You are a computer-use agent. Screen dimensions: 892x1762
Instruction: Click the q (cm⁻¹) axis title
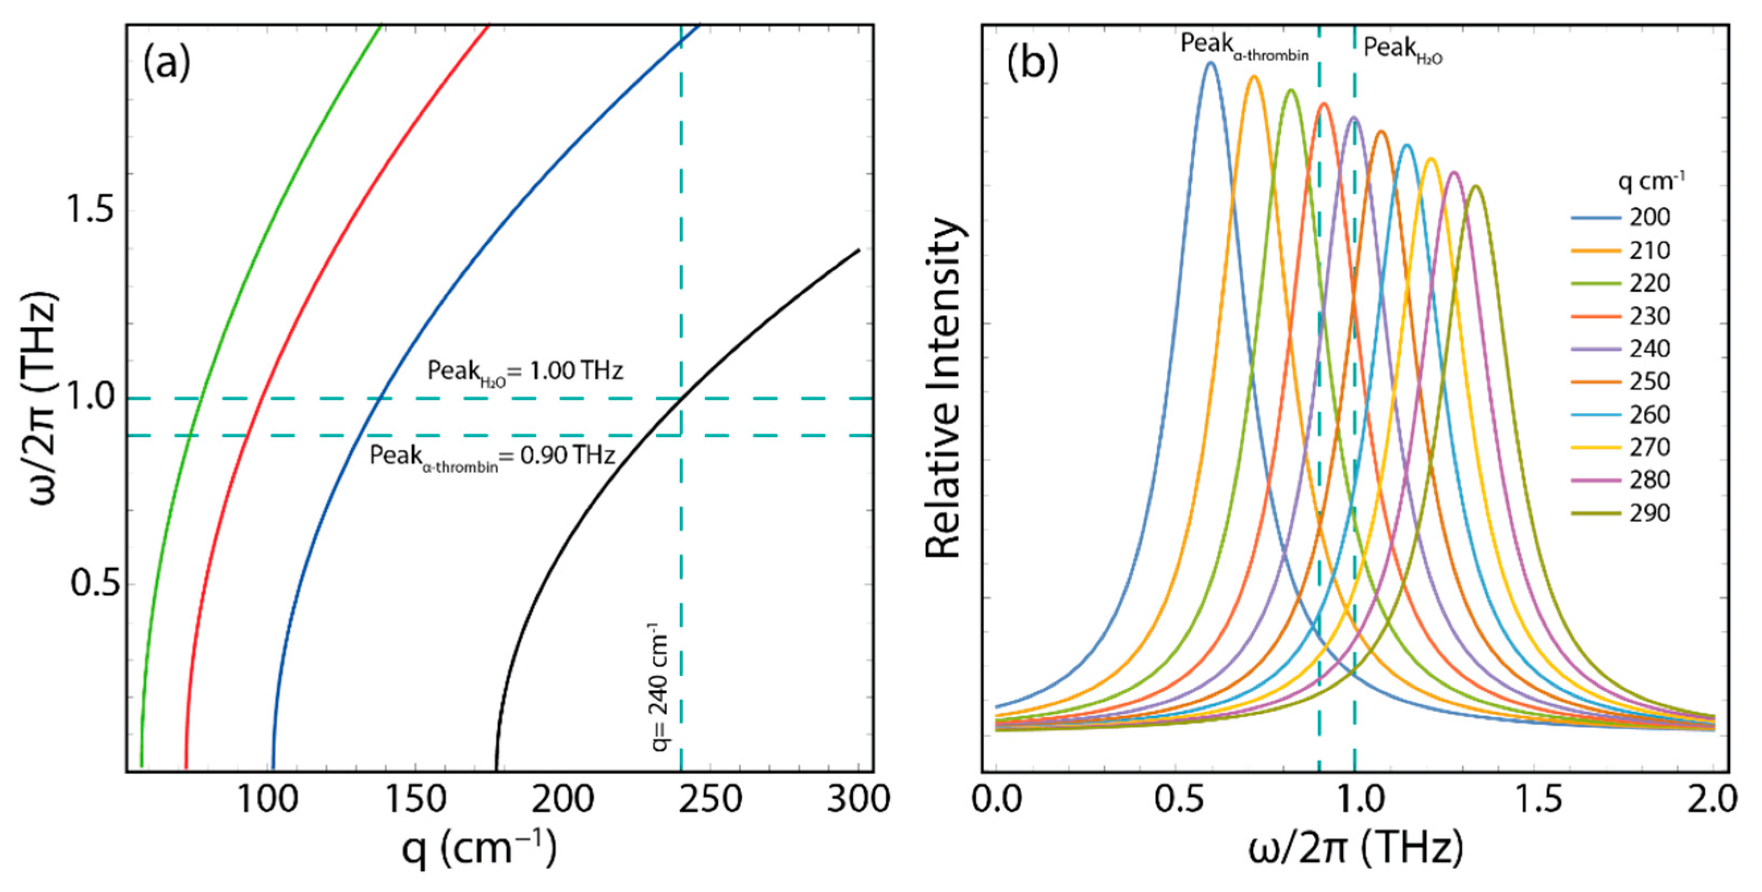click(479, 848)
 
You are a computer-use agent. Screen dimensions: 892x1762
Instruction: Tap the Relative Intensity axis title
click(944, 390)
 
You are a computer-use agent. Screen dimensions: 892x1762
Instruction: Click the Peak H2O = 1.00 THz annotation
click(525, 371)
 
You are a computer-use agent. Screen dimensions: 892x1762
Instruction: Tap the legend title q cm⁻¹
click(1650, 181)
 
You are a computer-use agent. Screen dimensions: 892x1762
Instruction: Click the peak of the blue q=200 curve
click(1210, 63)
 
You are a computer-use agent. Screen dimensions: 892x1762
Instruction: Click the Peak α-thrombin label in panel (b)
click(1244, 46)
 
